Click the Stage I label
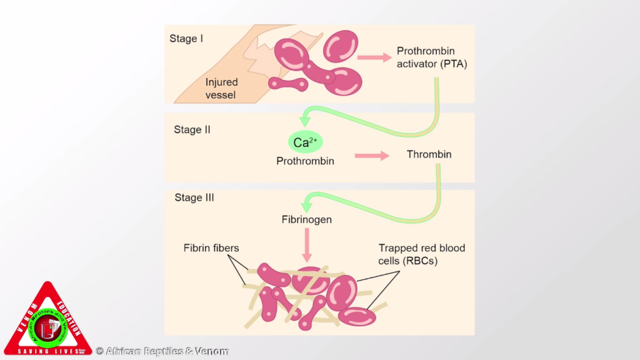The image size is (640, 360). [x=186, y=39]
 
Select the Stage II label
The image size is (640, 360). [x=192, y=130]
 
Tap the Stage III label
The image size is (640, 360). [x=194, y=198]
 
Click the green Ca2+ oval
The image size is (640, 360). [x=301, y=142]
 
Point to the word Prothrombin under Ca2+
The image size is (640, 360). [x=305, y=161]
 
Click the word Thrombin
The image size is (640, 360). [x=429, y=154]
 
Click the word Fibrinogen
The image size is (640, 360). [x=306, y=220]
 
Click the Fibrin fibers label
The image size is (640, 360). [x=212, y=248]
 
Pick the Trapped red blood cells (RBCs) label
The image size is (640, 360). [x=421, y=254]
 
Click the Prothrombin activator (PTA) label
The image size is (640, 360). [x=432, y=57]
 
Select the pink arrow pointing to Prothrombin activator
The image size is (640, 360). [x=374, y=57]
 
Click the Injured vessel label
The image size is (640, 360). [x=221, y=89]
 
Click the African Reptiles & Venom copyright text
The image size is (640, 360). [x=162, y=351]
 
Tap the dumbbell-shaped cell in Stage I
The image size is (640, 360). [x=287, y=83]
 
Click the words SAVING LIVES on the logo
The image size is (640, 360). [x=47, y=351]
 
